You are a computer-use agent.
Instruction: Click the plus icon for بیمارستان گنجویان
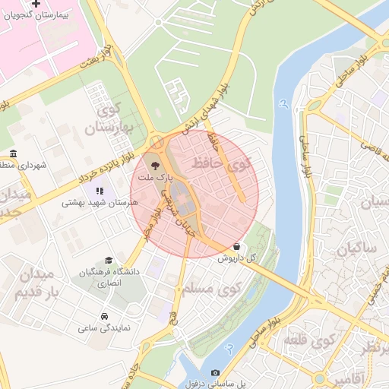point(36,5)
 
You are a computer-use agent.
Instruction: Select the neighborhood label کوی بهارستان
point(113,119)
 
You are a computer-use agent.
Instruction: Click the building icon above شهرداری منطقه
point(12,153)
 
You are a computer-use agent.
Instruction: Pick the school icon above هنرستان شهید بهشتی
point(100,191)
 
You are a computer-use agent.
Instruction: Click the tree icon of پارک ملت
point(155,164)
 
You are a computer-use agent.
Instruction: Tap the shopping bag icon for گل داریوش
point(238,246)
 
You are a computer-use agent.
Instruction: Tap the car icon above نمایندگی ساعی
point(103,316)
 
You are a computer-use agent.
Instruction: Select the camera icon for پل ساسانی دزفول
point(215,373)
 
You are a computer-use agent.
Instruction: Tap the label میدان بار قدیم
point(32,283)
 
